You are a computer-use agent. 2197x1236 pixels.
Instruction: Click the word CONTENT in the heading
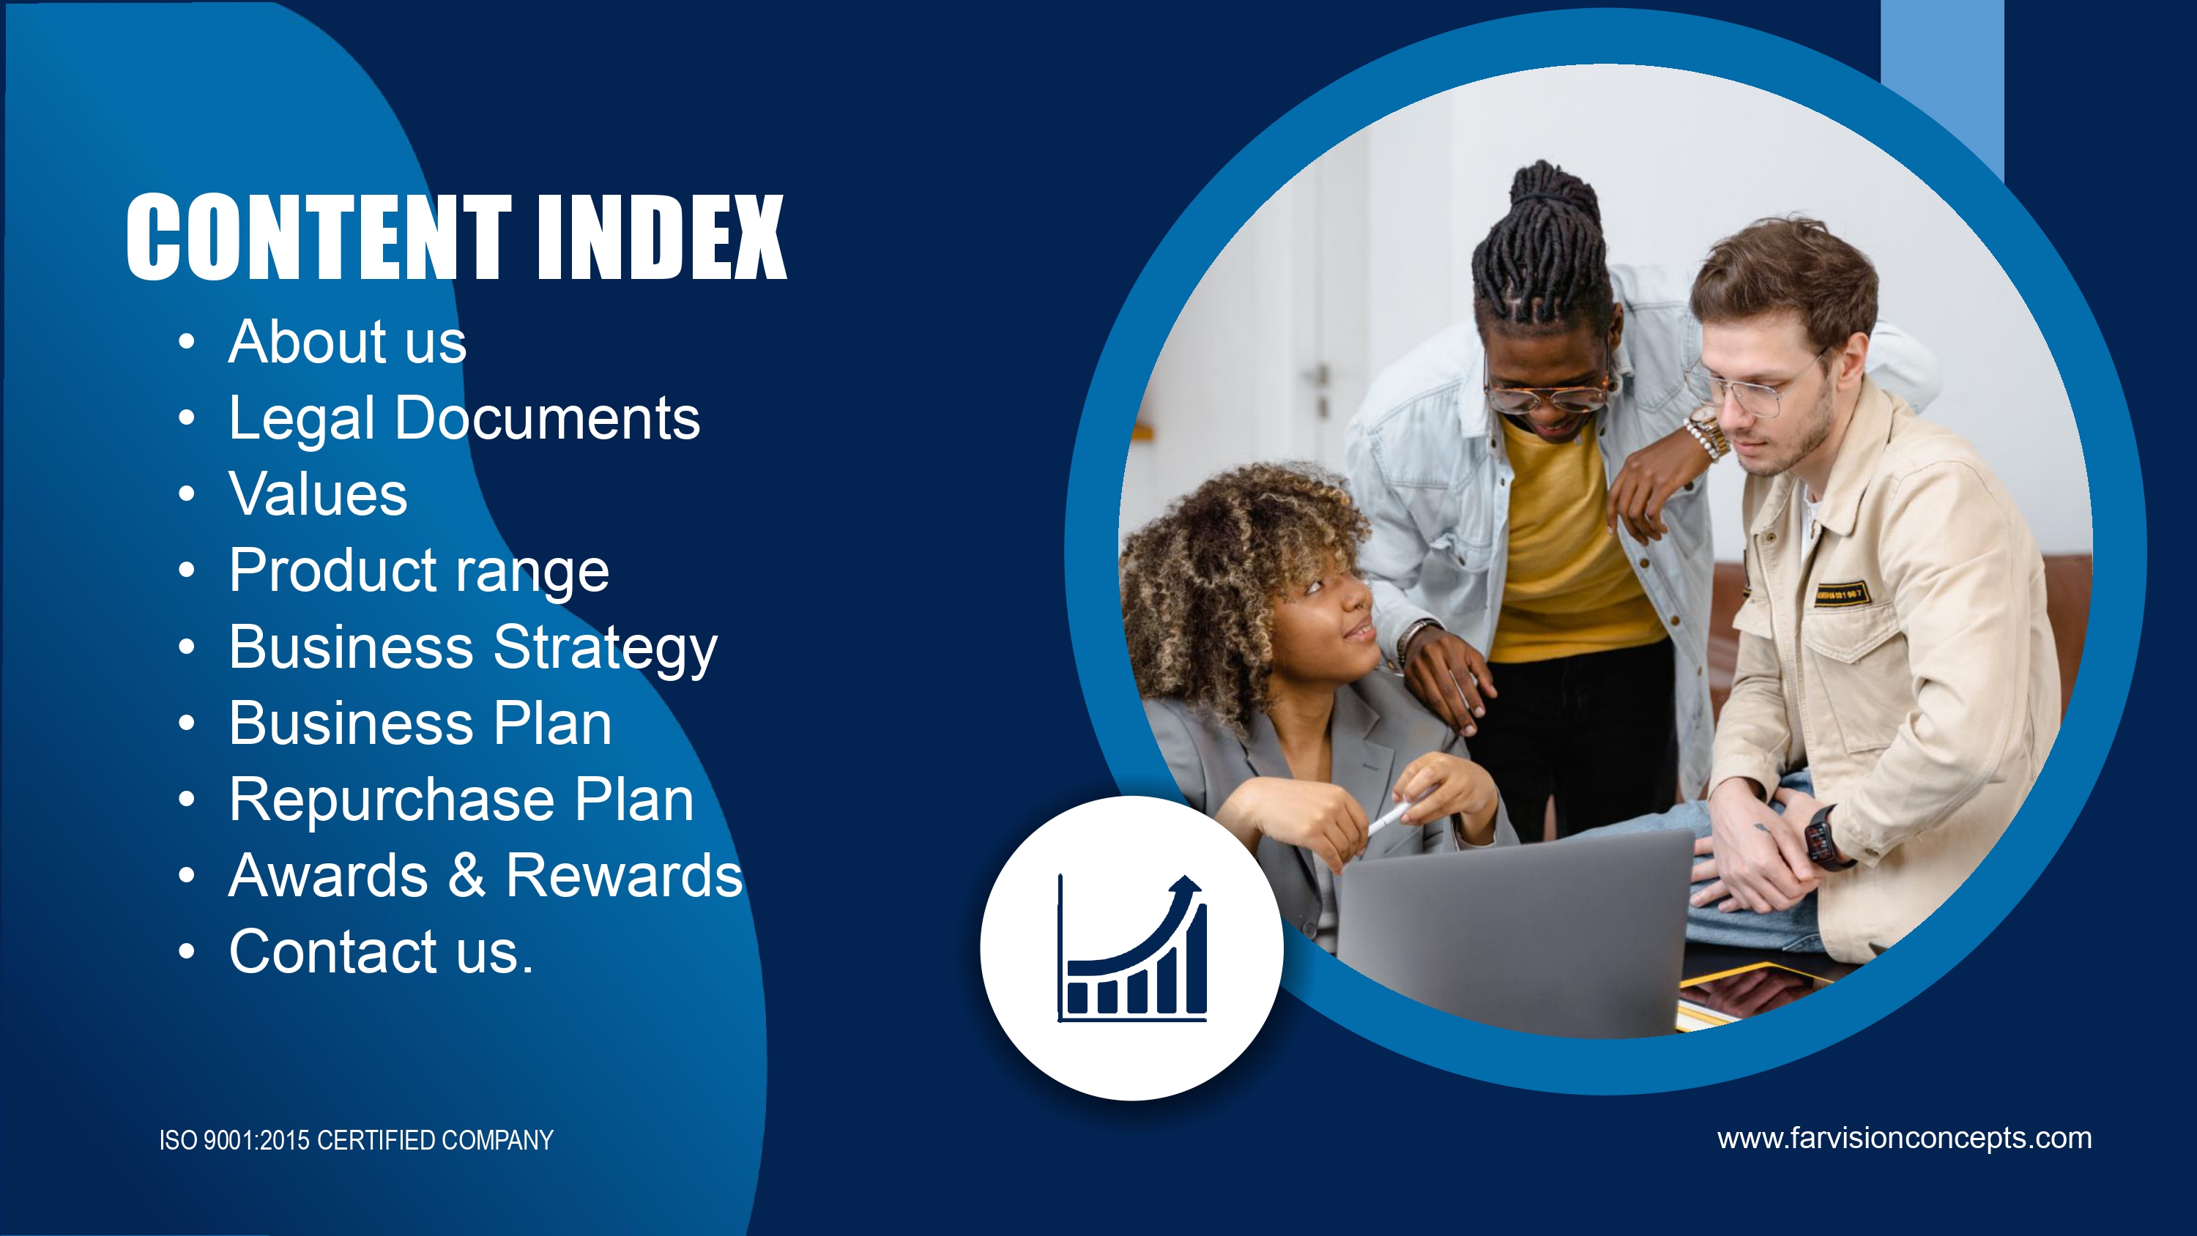pos(319,237)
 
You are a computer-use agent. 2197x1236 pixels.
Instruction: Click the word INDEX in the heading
pos(662,237)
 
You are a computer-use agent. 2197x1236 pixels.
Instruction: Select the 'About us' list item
pos(347,341)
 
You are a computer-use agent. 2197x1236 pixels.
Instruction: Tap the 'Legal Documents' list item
pos(464,418)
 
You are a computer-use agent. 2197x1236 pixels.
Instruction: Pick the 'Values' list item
pos(318,494)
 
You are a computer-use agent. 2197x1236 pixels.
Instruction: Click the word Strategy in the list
pos(606,647)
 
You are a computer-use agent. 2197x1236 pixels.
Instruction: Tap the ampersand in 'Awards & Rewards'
pos(466,875)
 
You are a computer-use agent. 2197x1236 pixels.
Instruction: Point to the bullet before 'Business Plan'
pos(187,723)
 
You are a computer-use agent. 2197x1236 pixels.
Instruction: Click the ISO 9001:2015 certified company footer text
pos(357,1141)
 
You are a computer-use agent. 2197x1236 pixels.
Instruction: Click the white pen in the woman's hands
pos(1390,816)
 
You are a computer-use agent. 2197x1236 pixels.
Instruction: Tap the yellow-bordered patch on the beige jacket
pos(1841,593)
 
